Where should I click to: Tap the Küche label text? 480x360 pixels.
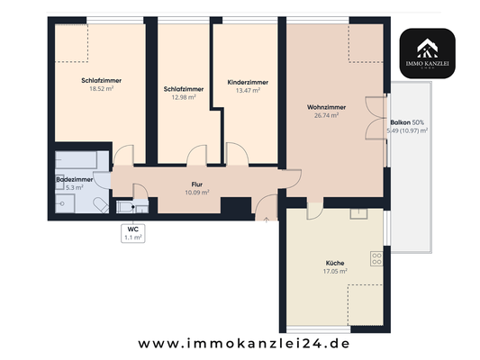tap(335, 264)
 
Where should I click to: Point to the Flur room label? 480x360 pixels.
tap(196, 184)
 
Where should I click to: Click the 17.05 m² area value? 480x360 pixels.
tap(335, 272)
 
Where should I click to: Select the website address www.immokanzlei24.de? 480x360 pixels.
tap(243, 343)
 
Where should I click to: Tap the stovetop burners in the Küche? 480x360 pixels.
tap(376, 259)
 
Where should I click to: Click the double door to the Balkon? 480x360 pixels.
tap(374, 122)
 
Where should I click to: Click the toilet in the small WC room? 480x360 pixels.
tap(124, 206)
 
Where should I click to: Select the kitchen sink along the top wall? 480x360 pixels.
tap(359, 212)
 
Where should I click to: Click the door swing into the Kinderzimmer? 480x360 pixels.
tap(238, 155)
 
